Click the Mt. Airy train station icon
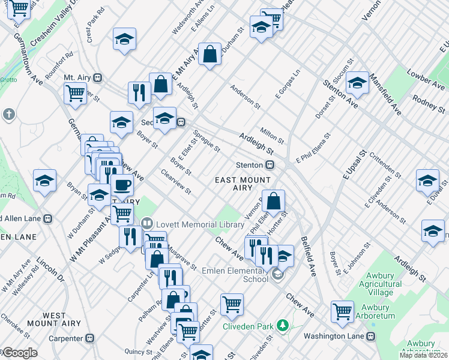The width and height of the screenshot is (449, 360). click(x=98, y=78)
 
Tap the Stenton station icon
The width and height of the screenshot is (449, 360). click(x=270, y=164)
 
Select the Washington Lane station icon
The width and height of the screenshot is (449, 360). click(x=371, y=336)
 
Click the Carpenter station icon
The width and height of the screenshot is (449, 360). click(x=91, y=338)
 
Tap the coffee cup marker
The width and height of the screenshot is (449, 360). click(x=122, y=185)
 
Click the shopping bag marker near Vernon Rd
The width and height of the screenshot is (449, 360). click(x=273, y=202)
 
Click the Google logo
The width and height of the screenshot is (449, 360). click(x=19, y=353)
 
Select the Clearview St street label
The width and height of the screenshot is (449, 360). click(x=175, y=182)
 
